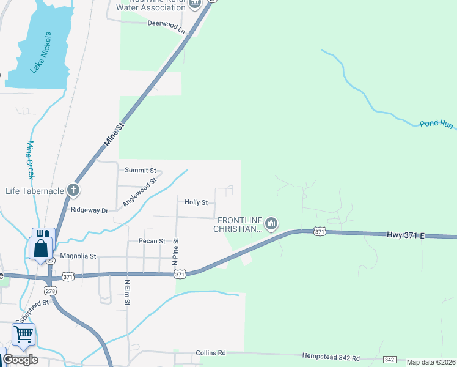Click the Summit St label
tap(141, 171)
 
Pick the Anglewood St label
tap(140, 191)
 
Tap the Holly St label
tap(196, 202)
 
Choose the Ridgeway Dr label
tap(89, 210)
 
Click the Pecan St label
tap(152, 241)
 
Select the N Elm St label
tap(128, 294)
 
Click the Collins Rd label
tap(211, 353)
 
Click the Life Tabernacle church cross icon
tap(73, 190)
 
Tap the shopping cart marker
tap(23, 335)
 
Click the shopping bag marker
tap(40, 249)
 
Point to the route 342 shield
tap(390, 360)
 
